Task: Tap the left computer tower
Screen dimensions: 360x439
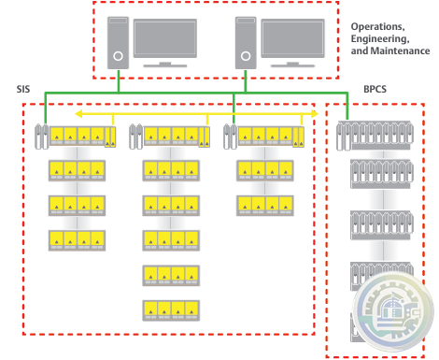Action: pyautogui.click(x=118, y=42)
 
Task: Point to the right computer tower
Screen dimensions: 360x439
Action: pyautogui.click(x=245, y=42)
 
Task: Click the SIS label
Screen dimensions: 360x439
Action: pyautogui.click(x=25, y=89)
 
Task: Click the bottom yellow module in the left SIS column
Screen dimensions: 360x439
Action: pyautogui.click(x=76, y=238)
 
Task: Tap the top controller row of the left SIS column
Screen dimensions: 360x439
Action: pyautogui.click(x=76, y=137)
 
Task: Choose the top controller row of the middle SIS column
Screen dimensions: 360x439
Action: pyautogui.click(x=169, y=137)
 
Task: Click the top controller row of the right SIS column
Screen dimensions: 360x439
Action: pyautogui.click(x=264, y=137)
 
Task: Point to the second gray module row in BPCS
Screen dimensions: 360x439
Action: pyautogui.click(x=375, y=172)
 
